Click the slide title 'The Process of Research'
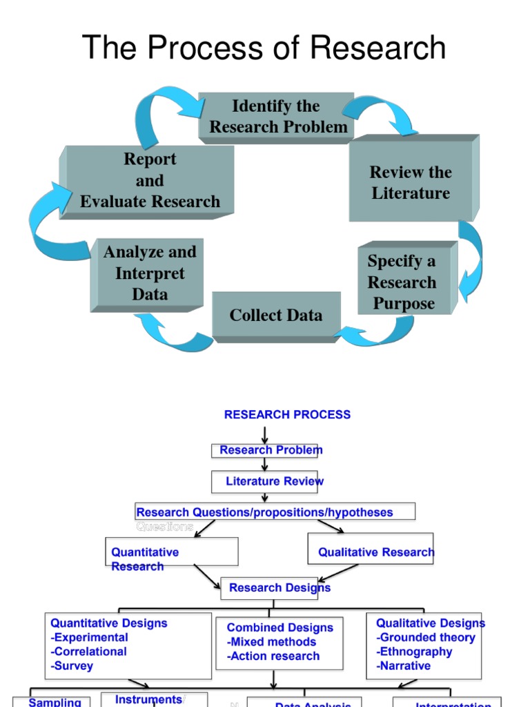point(264,48)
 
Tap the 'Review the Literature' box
point(411,182)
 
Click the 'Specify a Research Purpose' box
point(402,282)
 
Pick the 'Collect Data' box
point(275,316)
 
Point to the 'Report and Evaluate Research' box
point(150,180)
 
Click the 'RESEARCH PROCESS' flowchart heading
point(287,415)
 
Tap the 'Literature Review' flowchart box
point(274,481)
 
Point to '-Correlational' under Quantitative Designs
point(89,652)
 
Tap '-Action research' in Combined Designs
point(273,656)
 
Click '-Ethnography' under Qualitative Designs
point(414,652)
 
